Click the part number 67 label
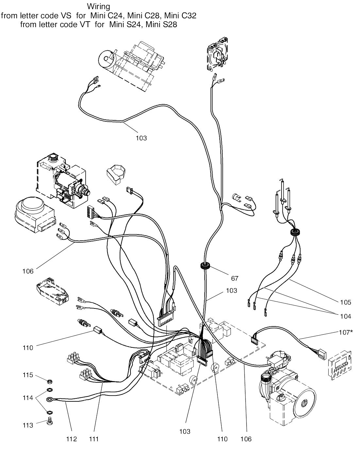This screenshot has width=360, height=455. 234,279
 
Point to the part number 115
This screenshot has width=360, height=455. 28,375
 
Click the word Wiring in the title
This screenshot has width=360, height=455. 98,6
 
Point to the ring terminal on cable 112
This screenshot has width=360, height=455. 50,399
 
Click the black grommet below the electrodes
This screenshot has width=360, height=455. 296,233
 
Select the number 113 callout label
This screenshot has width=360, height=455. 28,425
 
